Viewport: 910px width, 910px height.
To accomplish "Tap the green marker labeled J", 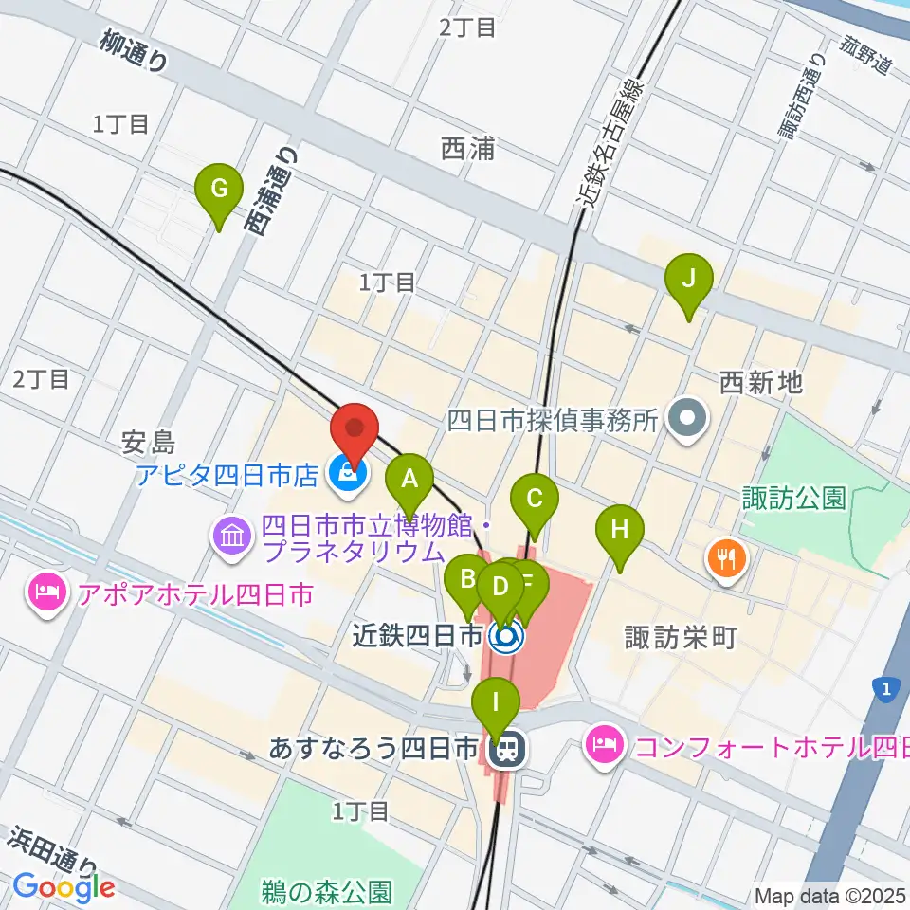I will [689, 280].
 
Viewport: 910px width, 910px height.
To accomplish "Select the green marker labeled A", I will [409, 479].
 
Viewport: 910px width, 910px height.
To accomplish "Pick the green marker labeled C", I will [535, 498].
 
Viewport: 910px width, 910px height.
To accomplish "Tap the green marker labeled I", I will [496, 705].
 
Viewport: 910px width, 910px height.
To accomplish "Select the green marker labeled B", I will [466, 579].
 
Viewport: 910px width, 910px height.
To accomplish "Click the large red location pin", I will [355, 431].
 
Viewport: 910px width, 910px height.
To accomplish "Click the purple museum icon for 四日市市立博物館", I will [233, 537].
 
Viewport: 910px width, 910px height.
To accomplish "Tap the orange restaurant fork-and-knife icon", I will [727, 558].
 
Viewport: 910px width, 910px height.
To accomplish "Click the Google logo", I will [64, 887].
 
